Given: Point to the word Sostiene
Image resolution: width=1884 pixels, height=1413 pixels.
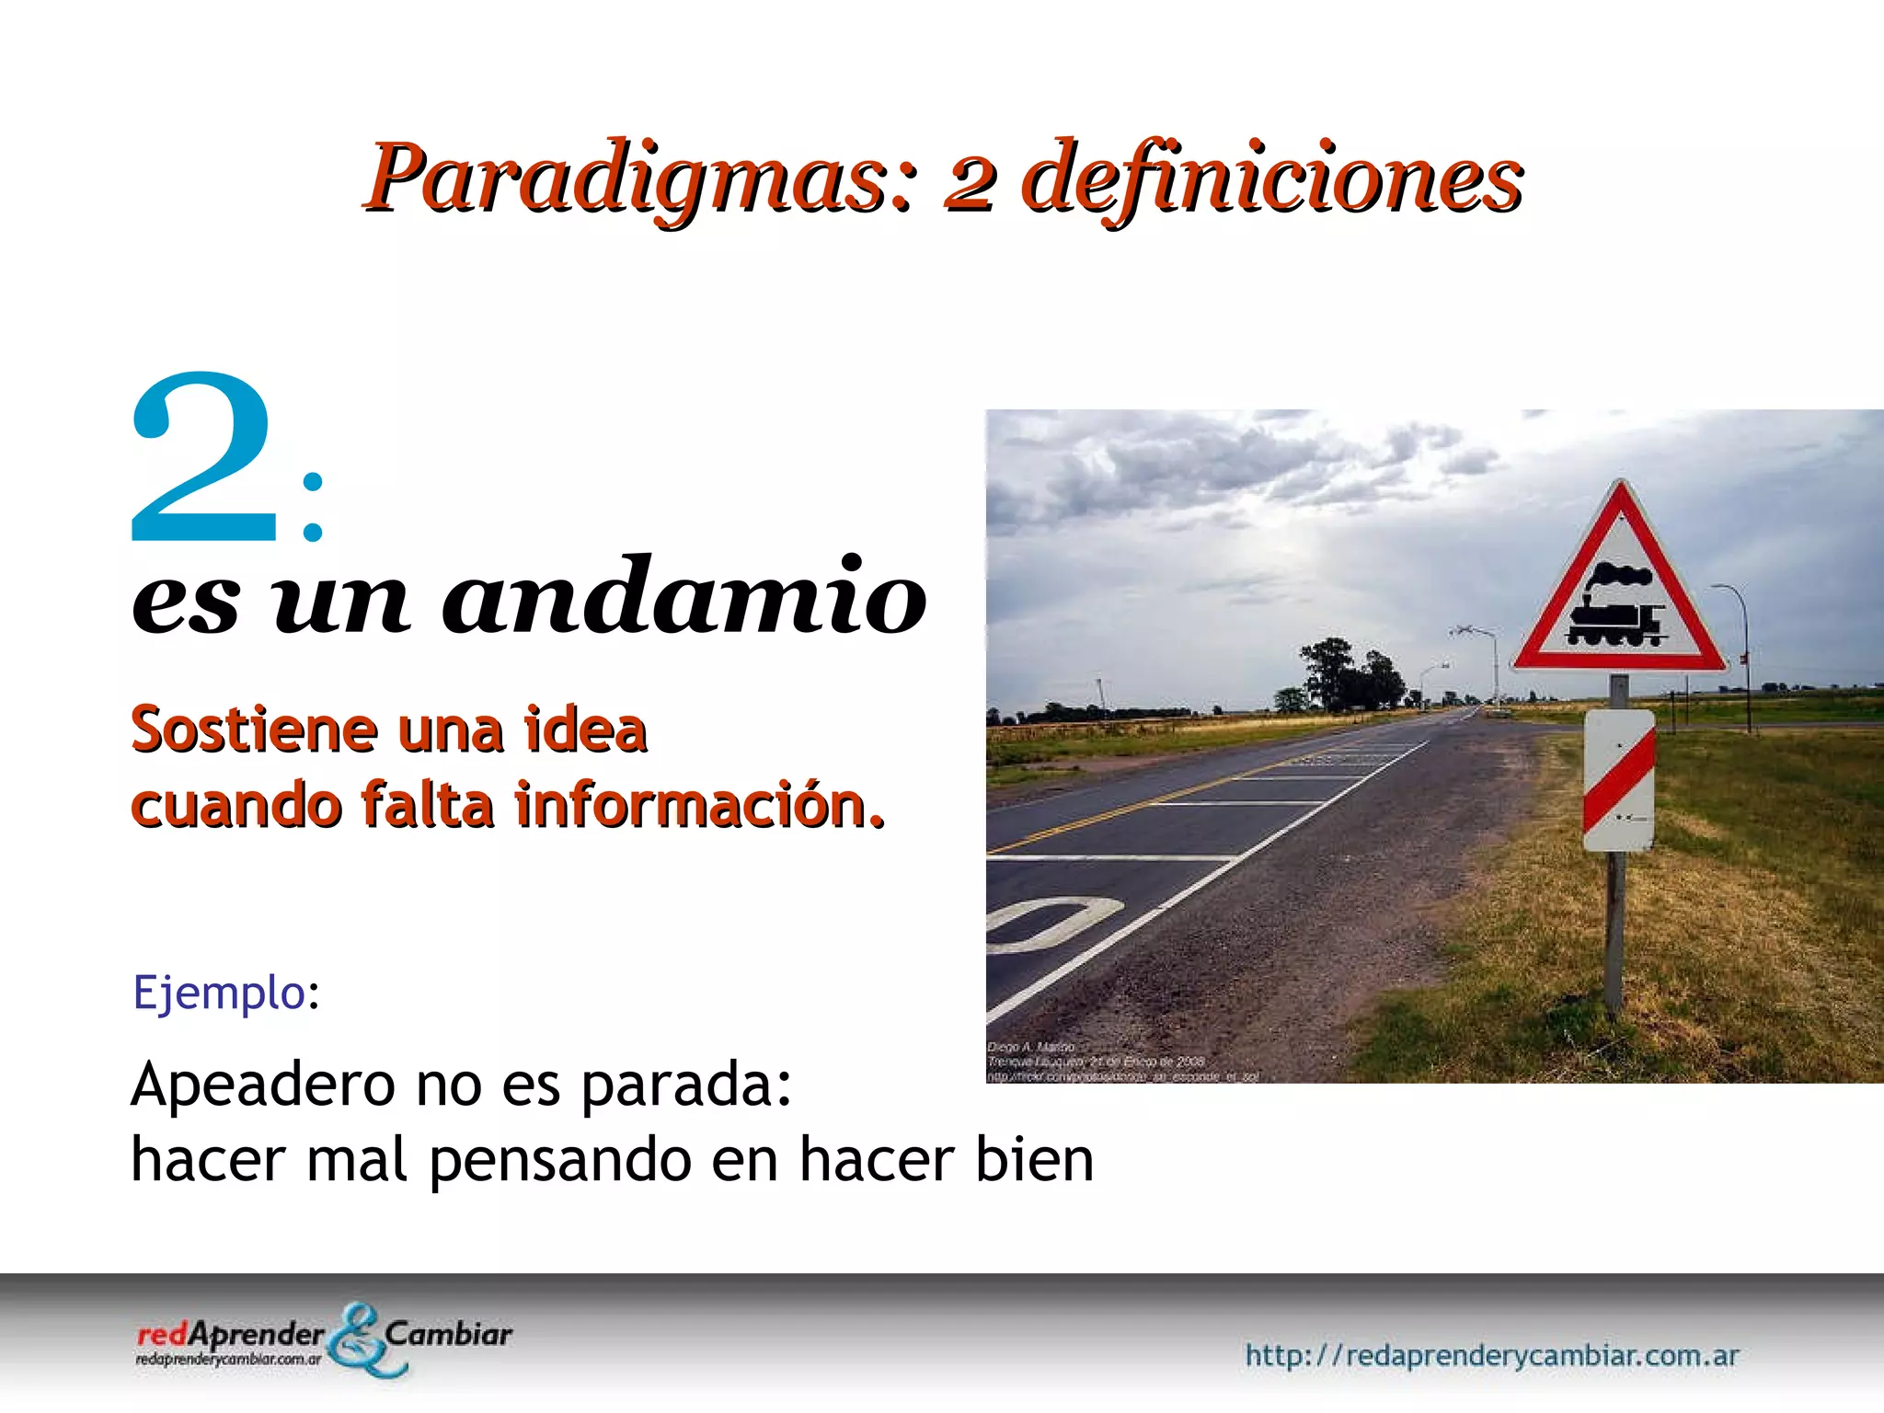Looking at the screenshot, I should tap(254, 731).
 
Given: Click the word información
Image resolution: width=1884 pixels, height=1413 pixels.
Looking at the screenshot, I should tap(699, 806).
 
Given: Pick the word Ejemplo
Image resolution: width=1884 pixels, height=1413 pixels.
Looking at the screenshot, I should tap(219, 994).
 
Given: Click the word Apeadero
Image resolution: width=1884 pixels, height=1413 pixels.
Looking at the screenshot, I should tap(261, 1086).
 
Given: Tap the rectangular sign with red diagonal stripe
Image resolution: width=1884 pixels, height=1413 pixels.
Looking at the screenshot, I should tap(1619, 780).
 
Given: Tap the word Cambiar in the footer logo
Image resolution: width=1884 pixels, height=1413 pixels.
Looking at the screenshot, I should tap(449, 1334).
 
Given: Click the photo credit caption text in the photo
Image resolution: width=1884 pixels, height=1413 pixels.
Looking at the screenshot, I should tap(1104, 1062).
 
